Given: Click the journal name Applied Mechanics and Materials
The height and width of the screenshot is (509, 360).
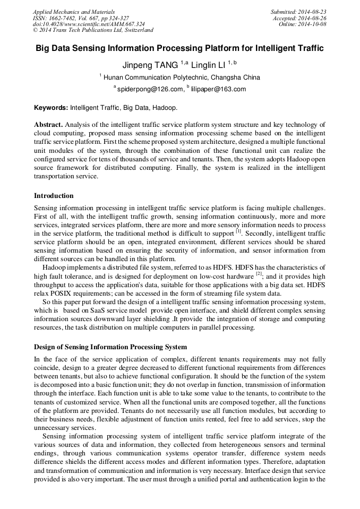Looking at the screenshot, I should point(74,11).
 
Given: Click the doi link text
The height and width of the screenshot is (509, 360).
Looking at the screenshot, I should point(89,24).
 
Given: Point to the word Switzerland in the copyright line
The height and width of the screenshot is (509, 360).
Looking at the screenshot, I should point(137,30).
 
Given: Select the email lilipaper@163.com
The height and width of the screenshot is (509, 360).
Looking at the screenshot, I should point(218,89).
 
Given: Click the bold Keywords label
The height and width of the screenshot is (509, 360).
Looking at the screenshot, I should point(51,107).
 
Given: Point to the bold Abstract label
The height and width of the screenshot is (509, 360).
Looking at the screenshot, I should point(48,125).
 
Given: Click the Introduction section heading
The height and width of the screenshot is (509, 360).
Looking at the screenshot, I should point(54,196).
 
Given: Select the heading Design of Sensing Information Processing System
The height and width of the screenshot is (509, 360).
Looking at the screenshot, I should point(110,347).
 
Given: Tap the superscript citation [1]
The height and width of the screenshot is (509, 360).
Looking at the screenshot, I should point(238,231).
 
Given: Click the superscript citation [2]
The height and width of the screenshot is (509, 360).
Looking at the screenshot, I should point(259,274).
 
